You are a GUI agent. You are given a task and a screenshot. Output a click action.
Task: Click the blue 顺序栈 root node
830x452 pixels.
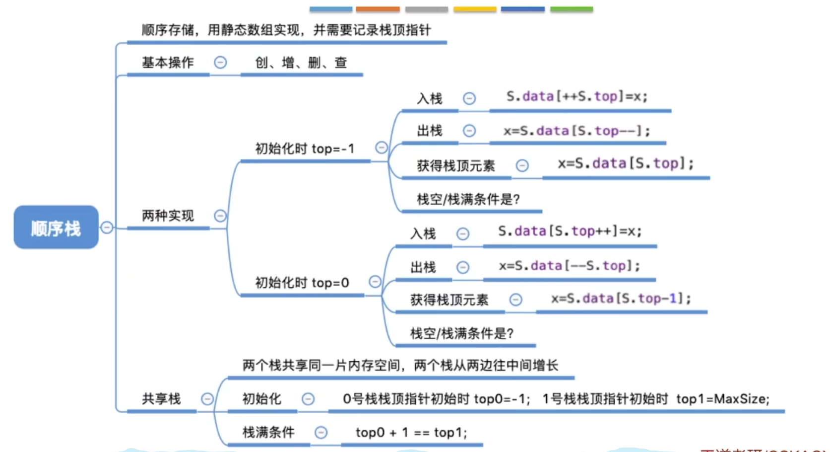(x=56, y=227)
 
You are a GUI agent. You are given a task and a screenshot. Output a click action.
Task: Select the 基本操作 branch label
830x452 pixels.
(x=168, y=63)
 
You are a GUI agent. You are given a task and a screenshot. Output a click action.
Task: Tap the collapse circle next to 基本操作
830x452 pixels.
(x=220, y=63)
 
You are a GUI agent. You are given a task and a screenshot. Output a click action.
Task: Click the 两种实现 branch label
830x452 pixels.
(x=168, y=216)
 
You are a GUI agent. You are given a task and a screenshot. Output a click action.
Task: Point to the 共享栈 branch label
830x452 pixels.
(x=161, y=398)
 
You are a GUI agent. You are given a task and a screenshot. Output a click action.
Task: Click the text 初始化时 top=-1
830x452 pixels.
(x=305, y=149)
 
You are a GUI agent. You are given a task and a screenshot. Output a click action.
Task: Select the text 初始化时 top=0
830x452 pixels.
(x=302, y=283)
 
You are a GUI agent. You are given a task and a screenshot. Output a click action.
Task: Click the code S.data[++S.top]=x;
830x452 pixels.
(x=576, y=96)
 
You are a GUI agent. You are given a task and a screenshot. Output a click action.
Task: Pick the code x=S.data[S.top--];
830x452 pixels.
(x=576, y=131)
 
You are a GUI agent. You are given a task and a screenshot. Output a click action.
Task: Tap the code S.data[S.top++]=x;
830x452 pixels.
(x=570, y=231)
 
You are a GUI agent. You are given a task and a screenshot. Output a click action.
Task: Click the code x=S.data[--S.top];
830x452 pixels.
(x=570, y=266)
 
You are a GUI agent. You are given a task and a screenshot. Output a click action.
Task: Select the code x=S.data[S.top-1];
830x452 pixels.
(x=621, y=299)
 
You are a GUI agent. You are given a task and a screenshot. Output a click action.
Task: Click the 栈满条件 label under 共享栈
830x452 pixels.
(x=268, y=432)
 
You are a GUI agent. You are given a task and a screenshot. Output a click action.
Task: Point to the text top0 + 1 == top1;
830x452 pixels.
(x=411, y=433)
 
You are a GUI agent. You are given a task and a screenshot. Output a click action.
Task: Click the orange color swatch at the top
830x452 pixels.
(x=378, y=9)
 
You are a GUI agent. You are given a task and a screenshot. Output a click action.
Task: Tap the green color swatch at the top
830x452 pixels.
(x=572, y=9)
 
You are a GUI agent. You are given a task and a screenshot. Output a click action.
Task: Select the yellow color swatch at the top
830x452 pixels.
(x=475, y=9)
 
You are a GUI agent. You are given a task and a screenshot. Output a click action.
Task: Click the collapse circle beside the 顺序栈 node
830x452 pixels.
(x=107, y=227)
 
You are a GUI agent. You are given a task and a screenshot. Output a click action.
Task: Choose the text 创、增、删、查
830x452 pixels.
(x=301, y=63)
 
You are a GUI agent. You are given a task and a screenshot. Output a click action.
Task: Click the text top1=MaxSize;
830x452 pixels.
(x=722, y=399)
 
